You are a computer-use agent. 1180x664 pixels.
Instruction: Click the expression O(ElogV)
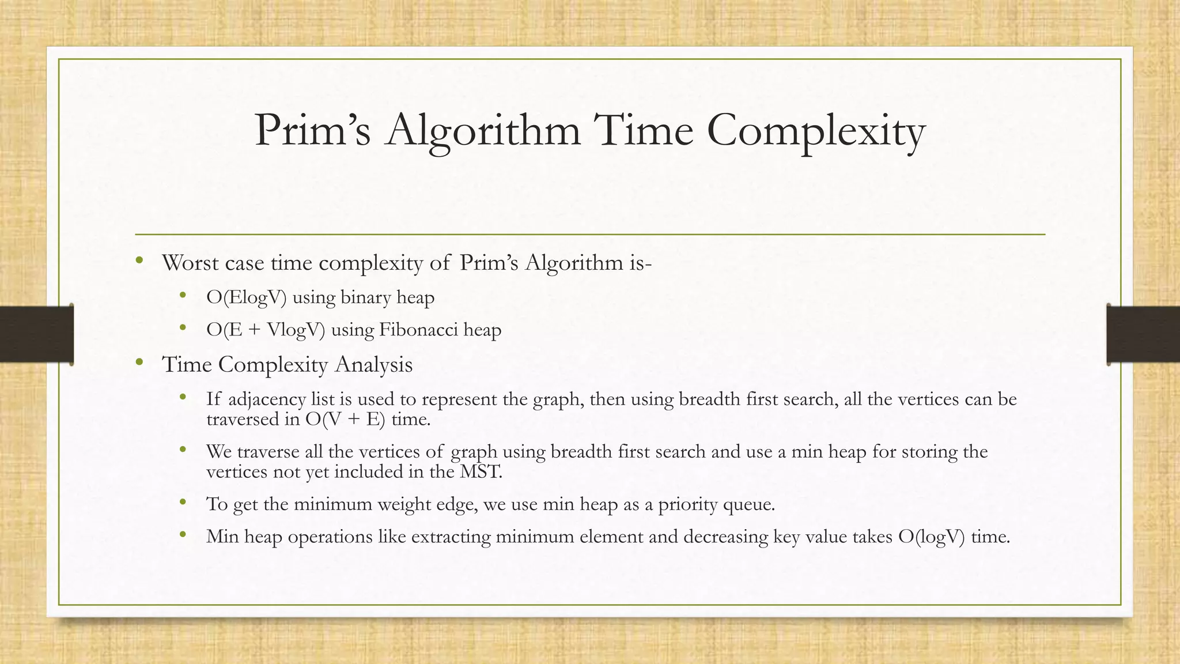point(246,298)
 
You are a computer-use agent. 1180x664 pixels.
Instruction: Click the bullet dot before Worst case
point(139,261)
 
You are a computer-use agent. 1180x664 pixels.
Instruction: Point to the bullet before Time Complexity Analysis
point(139,363)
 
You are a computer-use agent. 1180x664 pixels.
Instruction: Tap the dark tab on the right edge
point(1143,334)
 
